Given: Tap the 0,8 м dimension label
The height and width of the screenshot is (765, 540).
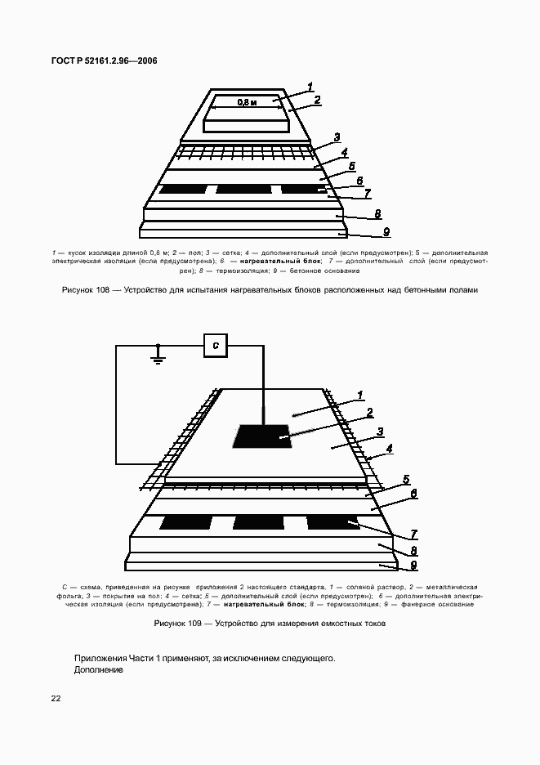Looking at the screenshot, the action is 247,103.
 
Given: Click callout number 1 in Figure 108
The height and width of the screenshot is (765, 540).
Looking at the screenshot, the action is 310,87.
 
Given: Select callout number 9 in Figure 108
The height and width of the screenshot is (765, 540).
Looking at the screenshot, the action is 386,231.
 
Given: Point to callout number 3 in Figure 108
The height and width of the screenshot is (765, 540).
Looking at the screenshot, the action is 336,137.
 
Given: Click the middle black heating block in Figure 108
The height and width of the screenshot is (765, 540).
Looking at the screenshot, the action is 243,190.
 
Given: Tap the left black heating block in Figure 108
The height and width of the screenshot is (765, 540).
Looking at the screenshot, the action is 183,190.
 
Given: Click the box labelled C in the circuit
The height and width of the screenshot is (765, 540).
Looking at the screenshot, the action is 215,346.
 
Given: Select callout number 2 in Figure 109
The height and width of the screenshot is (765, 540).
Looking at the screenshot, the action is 369,413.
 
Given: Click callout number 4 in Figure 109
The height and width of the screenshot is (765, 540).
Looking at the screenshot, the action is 390,449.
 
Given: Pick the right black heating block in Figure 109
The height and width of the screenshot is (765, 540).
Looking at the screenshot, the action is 333,522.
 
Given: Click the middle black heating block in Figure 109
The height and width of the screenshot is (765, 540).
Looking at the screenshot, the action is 259,522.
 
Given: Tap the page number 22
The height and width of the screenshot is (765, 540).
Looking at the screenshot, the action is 56,698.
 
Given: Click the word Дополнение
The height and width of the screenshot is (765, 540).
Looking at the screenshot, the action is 98,669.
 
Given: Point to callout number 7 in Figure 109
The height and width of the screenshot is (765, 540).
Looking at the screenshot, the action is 414,534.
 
